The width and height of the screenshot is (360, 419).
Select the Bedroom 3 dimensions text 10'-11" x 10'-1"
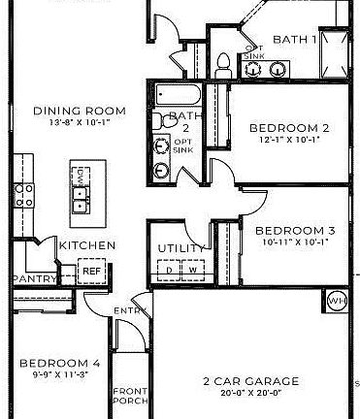pyautogui.click(x=294, y=242)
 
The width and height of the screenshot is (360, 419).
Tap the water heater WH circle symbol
pyautogui.click(x=336, y=300)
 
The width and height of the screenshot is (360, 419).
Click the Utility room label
pyautogui.click(x=181, y=249)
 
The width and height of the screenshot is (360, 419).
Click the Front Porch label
pyautogui.click(x=129, y=393)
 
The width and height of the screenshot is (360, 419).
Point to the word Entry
pyautogui.click(x=129, y=310)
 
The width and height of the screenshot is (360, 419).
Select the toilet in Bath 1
pyautogui.click(x=223, y=64)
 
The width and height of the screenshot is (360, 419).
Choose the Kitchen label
pyautogui.click(x=87, y=246)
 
